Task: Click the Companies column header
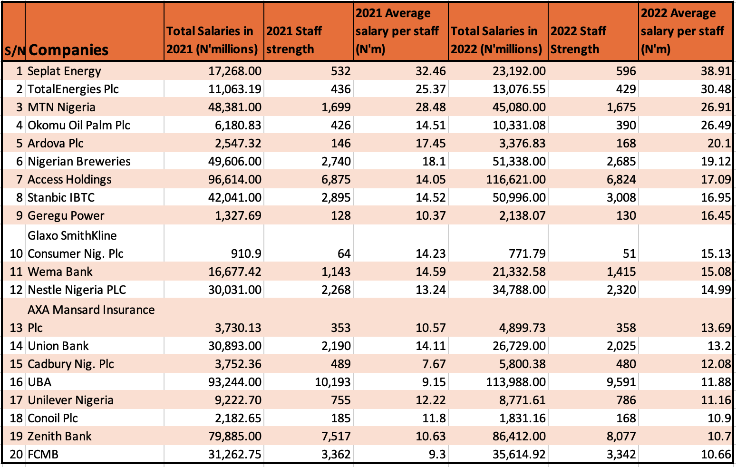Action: coord(68,50)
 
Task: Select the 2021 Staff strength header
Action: coord(294,40)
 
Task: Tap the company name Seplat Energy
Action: coord(64,71)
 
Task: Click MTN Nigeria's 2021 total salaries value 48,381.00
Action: coord(235,107)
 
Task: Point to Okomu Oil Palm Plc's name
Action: coord(79,126)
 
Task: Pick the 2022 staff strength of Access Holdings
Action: coord(621,180)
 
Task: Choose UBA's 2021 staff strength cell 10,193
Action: coord(332,382)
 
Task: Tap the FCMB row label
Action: coord(43,455)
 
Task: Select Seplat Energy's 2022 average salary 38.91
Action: coord(716,71)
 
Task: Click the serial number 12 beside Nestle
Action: coord(16,290)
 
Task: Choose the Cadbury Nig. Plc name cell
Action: coord(71,364)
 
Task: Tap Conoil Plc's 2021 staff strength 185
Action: coord(340,418)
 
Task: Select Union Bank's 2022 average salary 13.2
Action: coord(720,346)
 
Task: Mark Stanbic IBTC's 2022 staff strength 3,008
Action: coord(621,198)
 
